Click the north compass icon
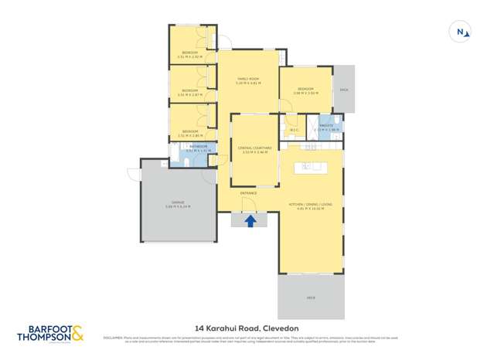[x=460, y=32]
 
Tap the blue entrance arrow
[x=250, y=221]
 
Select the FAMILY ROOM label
[x=247, y=77]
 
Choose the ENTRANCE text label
[x=248, y=192]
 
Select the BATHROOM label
[x=199, y=145]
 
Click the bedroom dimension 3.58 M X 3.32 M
[x=305, y=94]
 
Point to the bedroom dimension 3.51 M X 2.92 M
[x=189, y=57]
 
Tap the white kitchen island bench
[x=314, y=166]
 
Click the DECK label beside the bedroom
[x=344, y=90]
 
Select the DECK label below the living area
[x=311, y=296]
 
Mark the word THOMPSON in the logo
[x=44, y=337]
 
